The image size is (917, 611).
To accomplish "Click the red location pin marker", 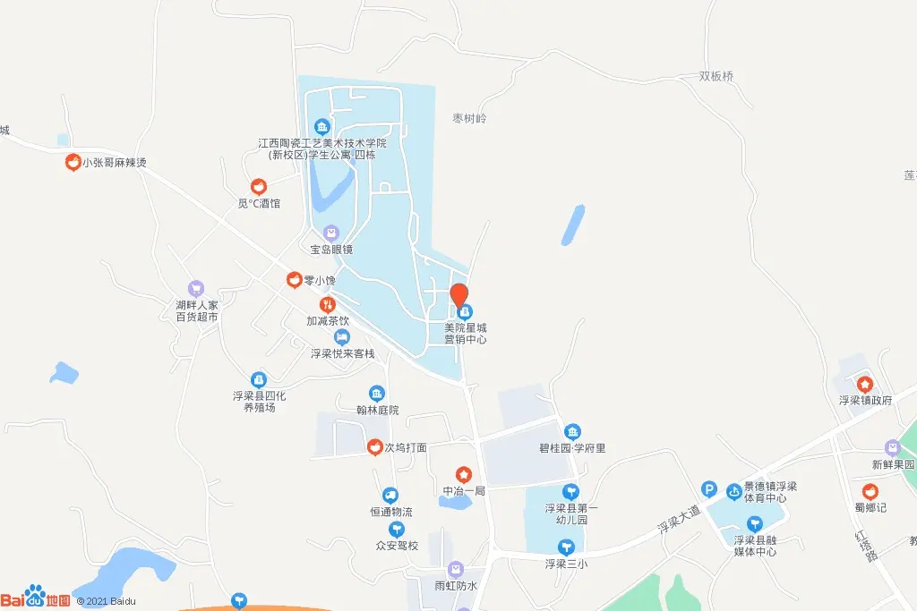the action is [x=458, y=293].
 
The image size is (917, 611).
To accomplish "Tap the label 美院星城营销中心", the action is [x=465, y=334].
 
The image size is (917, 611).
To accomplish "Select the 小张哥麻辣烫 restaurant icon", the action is [x=73, y=163].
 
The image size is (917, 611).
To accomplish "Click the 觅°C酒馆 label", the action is [x=259, y=203].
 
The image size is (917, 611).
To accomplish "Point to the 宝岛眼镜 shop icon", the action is [x=331, y=233].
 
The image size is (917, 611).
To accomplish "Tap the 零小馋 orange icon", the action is [x=293, y=280].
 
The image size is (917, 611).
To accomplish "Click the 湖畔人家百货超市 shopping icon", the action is [x=196, y=289].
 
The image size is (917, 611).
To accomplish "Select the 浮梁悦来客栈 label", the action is [x=342, y=353].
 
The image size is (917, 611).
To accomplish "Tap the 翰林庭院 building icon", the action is [x=377, y=394].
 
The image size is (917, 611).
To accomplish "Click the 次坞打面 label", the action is [x=406, y=447].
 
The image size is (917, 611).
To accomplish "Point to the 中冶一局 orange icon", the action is [x=463, y=474].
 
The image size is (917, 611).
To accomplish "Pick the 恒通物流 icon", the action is [x=390, y=496].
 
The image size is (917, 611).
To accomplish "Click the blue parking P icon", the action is [x=709, y=489].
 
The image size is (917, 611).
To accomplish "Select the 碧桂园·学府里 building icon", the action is [x=572, y=432].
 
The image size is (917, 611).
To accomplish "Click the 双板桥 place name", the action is [x=716, y=77].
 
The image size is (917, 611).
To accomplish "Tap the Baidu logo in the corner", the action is [x=36, y=598].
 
